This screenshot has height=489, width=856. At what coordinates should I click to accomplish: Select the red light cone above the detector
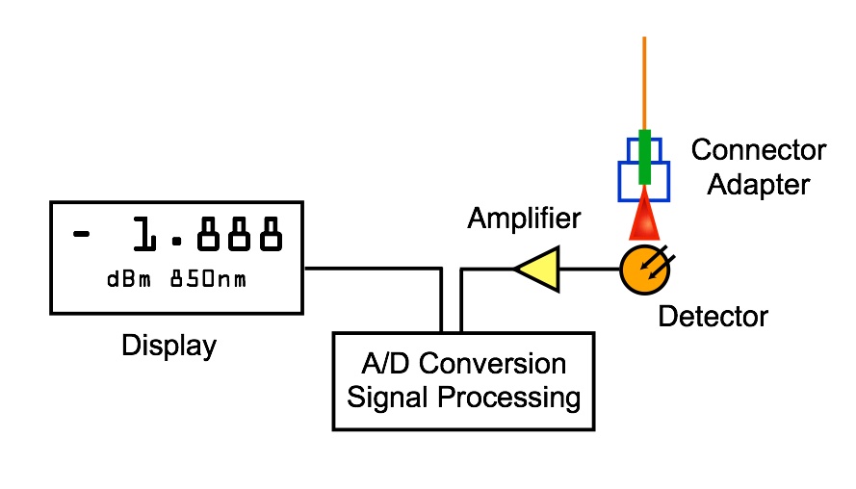click(x=644, y=218)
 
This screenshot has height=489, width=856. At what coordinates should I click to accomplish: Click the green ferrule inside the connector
click(x=644, y=159)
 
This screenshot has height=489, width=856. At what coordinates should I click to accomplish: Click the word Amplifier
click(x=524, y=219)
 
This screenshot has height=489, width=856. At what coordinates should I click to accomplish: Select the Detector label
click(x=713, y=315)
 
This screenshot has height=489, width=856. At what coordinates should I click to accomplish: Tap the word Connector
click(x=759, y=151)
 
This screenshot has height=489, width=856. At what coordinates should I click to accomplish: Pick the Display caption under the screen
click(x=169, y=345)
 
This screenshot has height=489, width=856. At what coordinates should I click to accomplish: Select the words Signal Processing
click(x=464, y=396)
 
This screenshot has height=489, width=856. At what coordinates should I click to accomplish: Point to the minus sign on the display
click(x=84, y=233)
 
